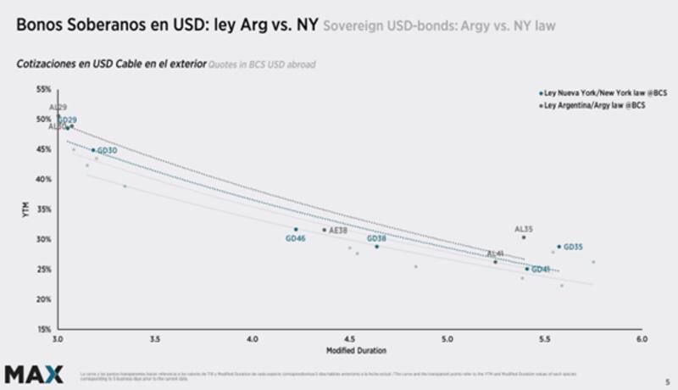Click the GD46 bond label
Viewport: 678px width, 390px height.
click(296, 239)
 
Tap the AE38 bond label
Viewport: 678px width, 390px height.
click(338, 230)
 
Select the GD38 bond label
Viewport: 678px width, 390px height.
click(376, 238)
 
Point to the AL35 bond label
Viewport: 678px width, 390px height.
click(524, 229)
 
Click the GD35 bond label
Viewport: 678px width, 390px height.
click(573, 247)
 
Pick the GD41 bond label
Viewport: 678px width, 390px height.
click(541, 270)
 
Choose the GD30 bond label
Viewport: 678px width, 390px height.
click(108, 150)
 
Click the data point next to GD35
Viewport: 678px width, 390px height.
click(559, 247)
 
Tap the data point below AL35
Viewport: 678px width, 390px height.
click(524, 237)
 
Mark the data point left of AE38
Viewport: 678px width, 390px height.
click(324, 230)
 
